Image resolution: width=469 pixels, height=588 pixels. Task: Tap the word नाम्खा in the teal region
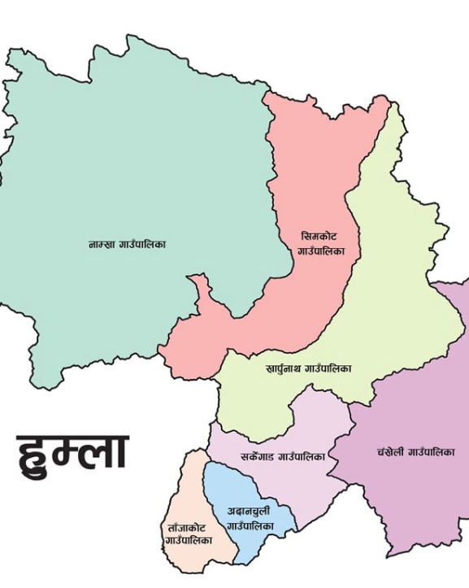click(x=103, y=243)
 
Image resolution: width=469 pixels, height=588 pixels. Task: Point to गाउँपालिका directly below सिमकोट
click(x=320, y=250)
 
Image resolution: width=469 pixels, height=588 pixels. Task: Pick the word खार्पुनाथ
click(x=284, y=368)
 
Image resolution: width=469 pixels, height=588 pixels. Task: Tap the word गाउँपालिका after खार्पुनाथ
click(x=328, y=368)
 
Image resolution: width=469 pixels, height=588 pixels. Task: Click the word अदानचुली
click(x=249, y=512)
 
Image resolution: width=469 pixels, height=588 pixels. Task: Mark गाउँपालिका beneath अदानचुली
click(x=250, y=527)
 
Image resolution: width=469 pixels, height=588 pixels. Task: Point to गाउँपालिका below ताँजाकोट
click(x=189, y=540)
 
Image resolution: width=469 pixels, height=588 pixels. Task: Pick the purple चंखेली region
click(x=415, y=390)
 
